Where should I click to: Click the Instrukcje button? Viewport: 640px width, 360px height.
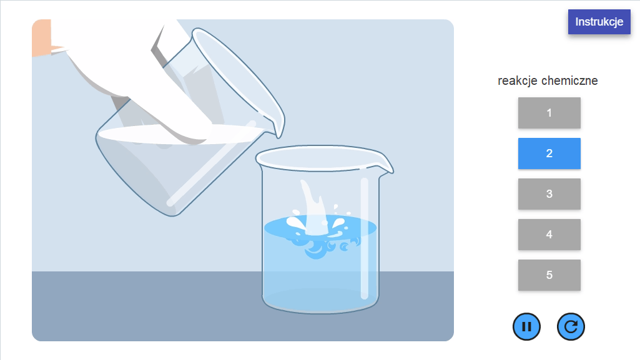(599, 22)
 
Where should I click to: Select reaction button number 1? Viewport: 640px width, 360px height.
(549, 113)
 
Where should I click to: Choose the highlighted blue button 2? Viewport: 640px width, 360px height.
(549, 153)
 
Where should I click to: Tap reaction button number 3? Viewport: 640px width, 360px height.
(549, 194)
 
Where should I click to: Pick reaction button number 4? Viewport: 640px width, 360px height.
(549, 235)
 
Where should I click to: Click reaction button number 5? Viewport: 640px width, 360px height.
(549, 275)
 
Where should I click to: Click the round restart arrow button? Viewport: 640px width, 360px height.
(571, 326)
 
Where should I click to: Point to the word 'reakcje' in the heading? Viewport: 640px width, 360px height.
(518, 80)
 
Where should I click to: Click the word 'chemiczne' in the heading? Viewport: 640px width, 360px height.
(570, 80)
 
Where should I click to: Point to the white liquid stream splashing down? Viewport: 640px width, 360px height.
(313, 208)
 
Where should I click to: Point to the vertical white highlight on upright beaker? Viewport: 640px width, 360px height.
(365, 238)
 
